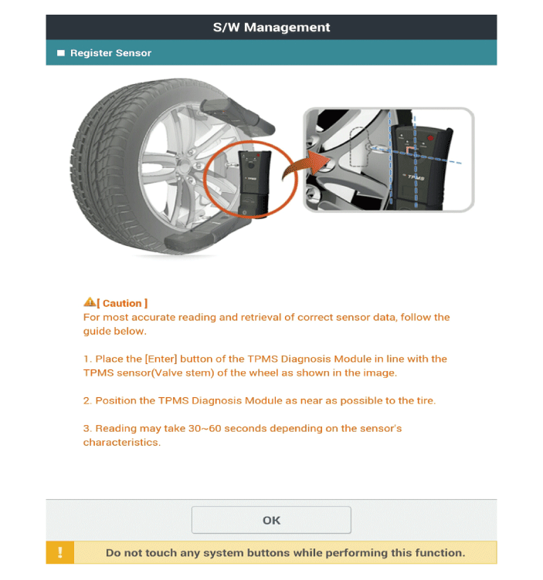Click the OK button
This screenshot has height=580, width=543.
271,520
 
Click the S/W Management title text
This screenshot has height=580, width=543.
271,27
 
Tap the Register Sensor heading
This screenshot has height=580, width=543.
110,53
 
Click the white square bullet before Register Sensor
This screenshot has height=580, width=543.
61,53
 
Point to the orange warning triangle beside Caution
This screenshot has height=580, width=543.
89,303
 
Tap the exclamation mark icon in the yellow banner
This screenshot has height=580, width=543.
60,553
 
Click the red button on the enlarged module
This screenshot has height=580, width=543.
429,139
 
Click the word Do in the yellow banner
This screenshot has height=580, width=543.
114,553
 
